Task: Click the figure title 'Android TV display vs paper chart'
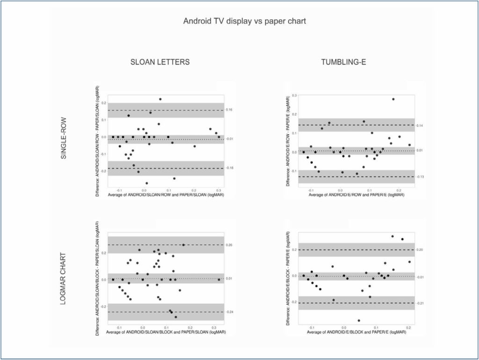pyautogui.click(x=245, y=21)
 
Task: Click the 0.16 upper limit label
pyautogui.click(x=230, y=110)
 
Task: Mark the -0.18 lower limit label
pyautogui.click(x=230, y=168)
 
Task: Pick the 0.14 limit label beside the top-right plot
pyautogui.click(x=420, y=125)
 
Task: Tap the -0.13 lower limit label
pyautogui.click(x=420, y=177)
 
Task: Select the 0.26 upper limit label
pyautogui.click(x=230, y=245)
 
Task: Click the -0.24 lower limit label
pyautogui.click(x=230, y=312)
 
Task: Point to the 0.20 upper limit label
pyautogui.click(x=420, y=250)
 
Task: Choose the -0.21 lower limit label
pyautogui.click(x=420, y=303)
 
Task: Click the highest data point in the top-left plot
pyautogui.click(x=160, y=99)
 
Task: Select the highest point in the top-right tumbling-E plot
pyautogui.click(x=393, y=99)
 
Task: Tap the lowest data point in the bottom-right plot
pyautogui.click(x=359, y=321)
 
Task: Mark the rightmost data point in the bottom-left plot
pyautogui.click(x=219, y=279)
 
